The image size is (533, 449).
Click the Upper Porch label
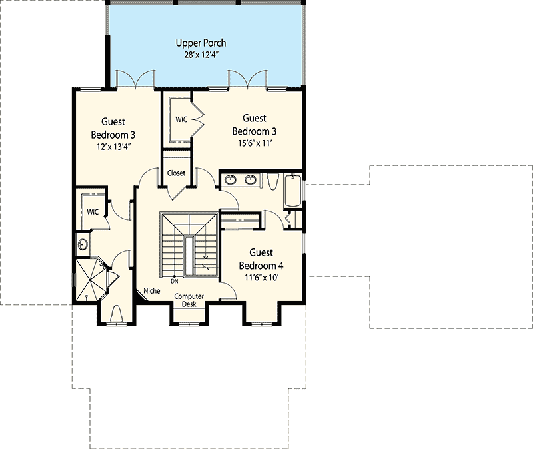205,43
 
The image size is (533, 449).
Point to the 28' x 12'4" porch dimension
205,55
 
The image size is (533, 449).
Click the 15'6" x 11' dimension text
253,143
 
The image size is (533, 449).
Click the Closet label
176,173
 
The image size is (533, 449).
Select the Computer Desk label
189,300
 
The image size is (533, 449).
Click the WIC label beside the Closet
181,119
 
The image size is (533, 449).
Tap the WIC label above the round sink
93,211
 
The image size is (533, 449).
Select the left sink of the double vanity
231,179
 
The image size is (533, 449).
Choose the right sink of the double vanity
251,179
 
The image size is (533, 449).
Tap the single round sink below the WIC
83,244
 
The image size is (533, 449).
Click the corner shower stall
89,278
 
